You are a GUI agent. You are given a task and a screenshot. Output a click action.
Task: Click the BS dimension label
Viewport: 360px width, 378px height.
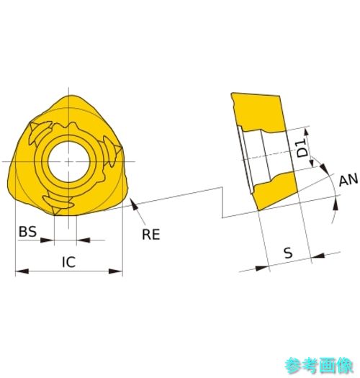tap(27, 231)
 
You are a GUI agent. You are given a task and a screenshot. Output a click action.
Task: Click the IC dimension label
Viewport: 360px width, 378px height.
tap(68, 262)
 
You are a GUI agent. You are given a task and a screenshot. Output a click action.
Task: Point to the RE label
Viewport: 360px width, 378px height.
tap(151, 234)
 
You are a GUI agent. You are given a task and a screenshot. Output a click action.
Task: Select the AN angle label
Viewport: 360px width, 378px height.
tap(348, 180)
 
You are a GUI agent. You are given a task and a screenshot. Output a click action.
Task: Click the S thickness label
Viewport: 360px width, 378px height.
tap(288, 253)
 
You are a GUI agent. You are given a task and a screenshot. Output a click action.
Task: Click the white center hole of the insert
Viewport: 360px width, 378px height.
tap(69, 162)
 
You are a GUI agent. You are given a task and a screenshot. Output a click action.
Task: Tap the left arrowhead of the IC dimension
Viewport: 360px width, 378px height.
tap(22, 271)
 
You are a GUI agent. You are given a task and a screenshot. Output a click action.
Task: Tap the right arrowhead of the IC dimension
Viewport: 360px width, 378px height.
tap(116, 271)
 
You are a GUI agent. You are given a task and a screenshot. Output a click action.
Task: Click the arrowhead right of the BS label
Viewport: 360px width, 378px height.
tap(48, 240)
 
